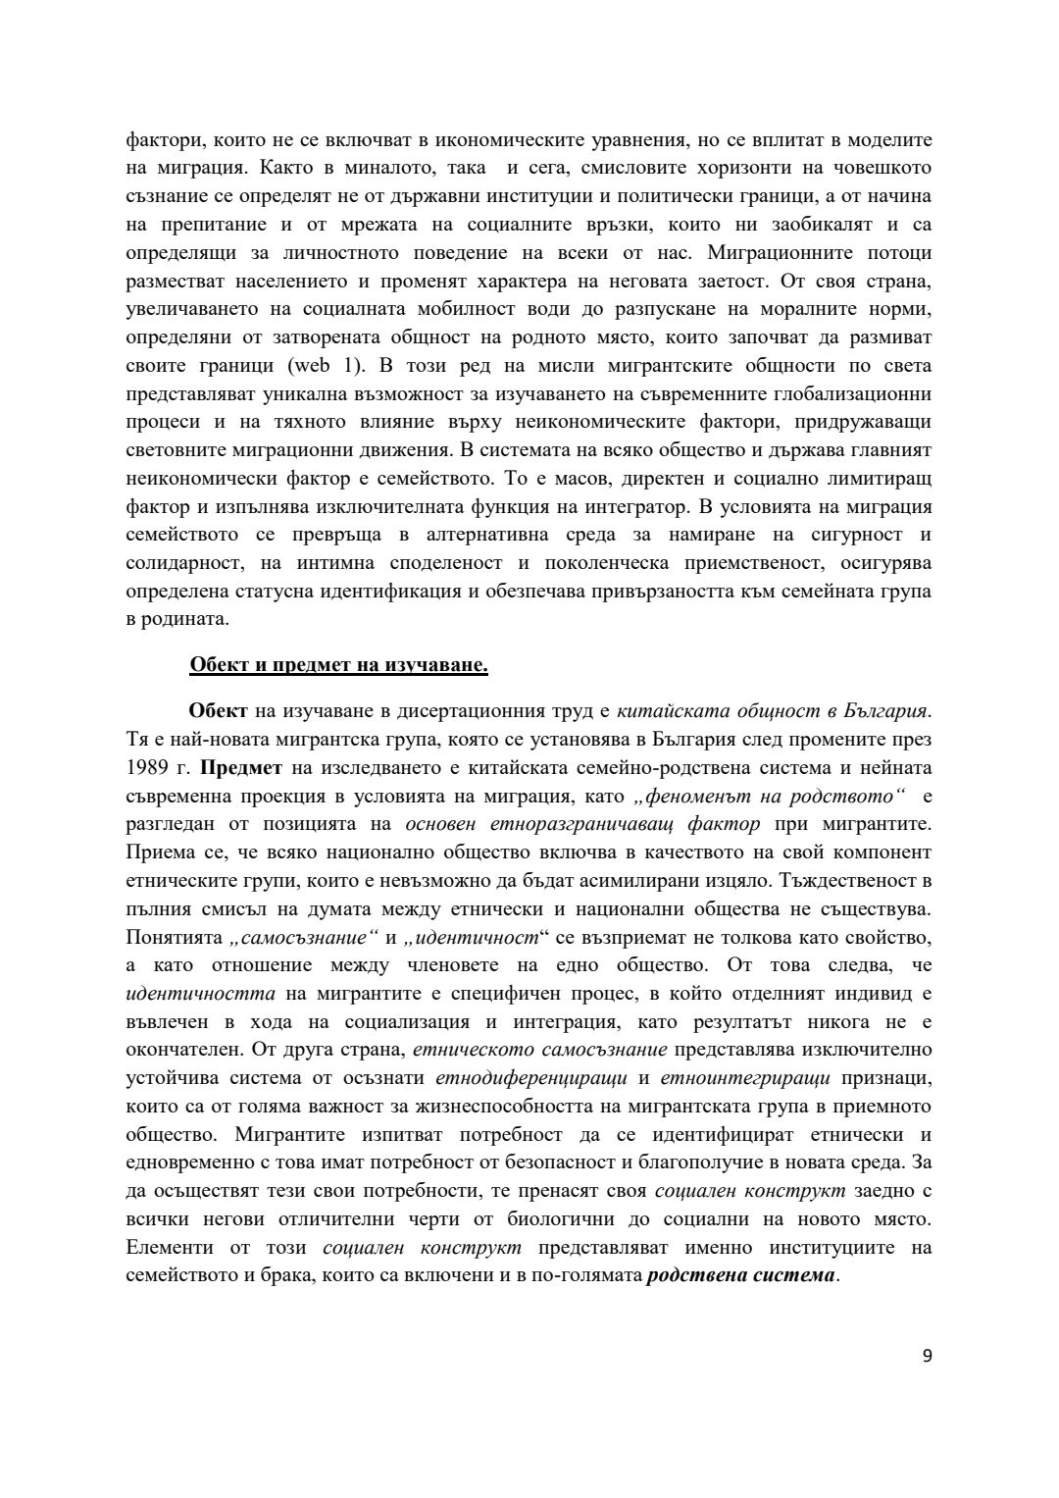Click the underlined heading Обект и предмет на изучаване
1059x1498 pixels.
coord(338,666)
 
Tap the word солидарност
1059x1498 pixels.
coord(182,564)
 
